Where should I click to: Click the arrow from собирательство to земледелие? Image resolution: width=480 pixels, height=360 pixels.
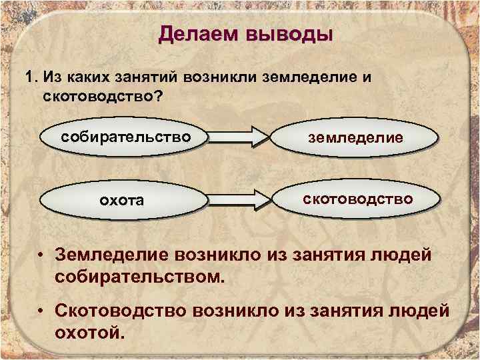coord(238,138)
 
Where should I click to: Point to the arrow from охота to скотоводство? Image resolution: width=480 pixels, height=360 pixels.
coord(238,199)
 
